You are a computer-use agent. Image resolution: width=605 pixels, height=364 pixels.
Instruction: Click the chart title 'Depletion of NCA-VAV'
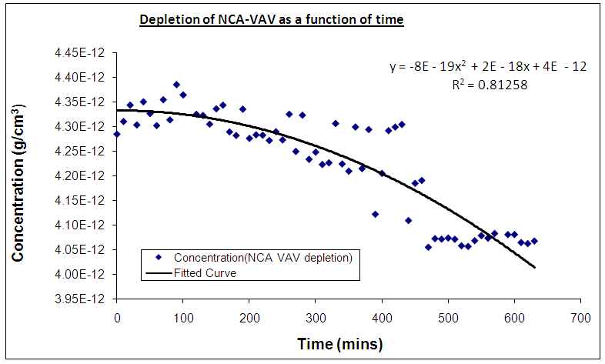point(271,18)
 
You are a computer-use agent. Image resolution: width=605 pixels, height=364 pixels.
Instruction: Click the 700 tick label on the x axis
point(580,316)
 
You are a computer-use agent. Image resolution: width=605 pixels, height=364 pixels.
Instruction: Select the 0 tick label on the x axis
point(116,316)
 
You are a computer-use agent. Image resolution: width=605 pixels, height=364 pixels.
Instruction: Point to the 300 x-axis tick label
point(316,316)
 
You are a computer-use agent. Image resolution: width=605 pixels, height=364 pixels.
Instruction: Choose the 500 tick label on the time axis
point(448,316)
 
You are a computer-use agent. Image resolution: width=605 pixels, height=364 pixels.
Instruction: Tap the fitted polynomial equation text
point(488,67)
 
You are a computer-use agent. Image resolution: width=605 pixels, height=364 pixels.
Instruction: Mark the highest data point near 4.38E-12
point(176,85)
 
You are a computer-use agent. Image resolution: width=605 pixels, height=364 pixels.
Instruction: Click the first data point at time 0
point(117,134)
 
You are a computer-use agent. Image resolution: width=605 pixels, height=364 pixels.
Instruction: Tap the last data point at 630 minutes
point(534,241)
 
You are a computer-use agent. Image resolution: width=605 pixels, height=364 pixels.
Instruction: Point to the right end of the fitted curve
point(534,267)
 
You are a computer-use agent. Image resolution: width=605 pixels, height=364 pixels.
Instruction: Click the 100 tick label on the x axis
point(182,316)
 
